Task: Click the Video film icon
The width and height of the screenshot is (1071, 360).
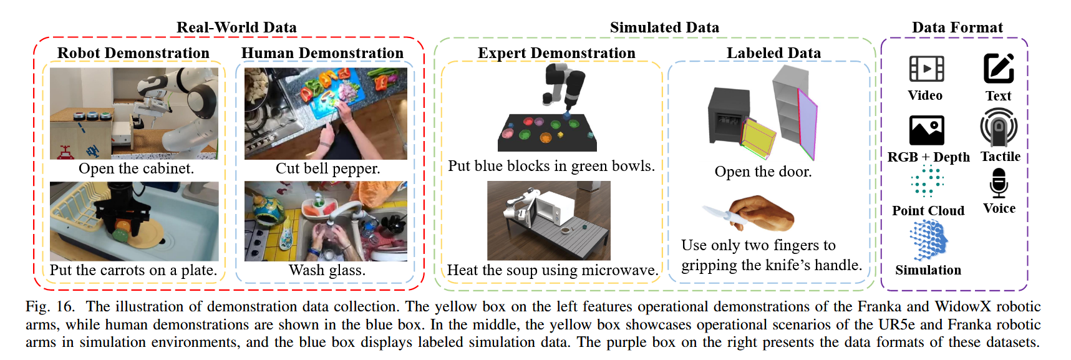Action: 926,69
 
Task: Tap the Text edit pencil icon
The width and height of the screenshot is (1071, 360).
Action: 998,68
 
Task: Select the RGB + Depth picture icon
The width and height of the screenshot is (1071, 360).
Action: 926,130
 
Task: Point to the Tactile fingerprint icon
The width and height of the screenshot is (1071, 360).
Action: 999,127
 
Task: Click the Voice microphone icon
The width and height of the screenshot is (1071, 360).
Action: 999,183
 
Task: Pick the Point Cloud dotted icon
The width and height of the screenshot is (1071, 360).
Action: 927,182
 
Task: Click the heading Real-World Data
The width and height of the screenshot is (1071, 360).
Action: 236,27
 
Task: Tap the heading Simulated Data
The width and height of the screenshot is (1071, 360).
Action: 664,27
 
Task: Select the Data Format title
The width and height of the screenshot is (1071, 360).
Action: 957,27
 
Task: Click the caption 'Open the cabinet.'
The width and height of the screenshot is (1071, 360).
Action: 136,168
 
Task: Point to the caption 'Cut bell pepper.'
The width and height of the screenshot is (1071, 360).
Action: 327,168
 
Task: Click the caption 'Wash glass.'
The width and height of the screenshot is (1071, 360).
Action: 327,270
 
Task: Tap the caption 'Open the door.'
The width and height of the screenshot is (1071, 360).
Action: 763,172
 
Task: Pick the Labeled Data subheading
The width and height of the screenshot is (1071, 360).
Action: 773,53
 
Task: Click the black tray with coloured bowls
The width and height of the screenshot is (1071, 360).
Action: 546,132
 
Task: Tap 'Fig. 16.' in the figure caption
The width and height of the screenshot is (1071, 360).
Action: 50,306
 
